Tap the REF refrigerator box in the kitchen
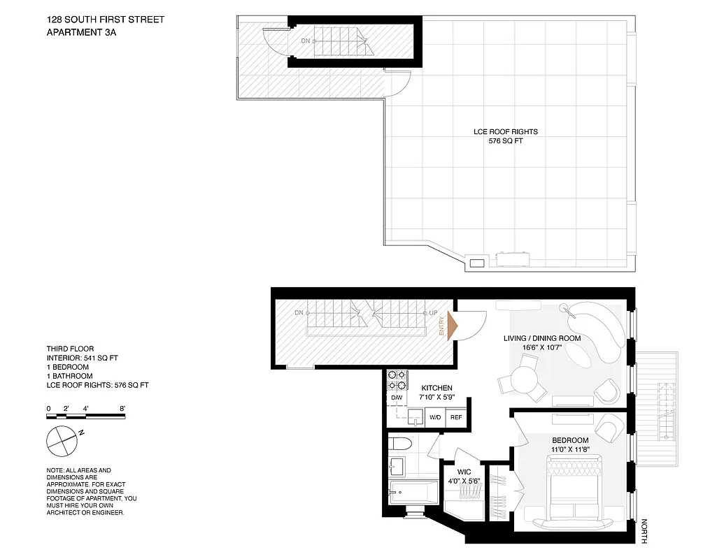456,417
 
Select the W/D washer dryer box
434,417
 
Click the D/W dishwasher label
396,398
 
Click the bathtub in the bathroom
413,492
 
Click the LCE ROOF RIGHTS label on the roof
505,131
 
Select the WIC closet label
462,472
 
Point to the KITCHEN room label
436,389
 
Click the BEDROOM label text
571,440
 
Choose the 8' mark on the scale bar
122,408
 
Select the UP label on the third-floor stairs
434,312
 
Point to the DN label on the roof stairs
305,41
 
